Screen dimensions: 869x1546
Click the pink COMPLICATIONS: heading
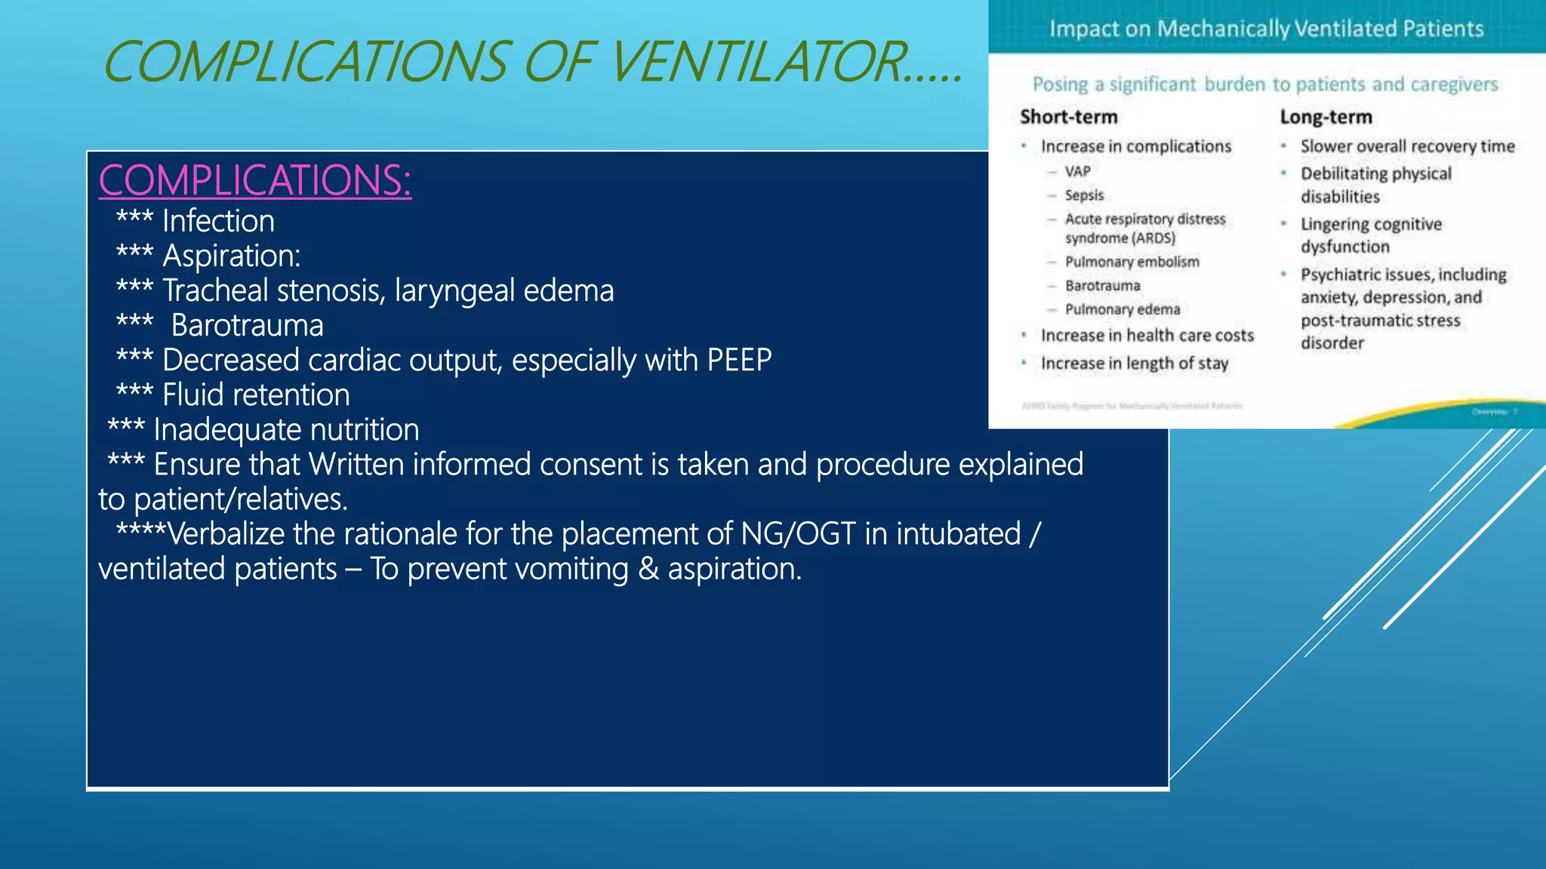coord(254,181)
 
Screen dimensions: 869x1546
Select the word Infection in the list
coord(218,222)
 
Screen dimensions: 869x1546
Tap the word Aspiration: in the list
coord(232,256)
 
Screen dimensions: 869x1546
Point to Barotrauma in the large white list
coord(247,326)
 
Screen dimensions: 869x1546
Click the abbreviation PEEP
coord(739,361)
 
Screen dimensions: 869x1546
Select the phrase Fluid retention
coord(256,395)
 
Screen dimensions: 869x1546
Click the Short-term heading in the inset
coord(1068,117)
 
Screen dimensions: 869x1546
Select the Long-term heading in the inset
coord(1326,117)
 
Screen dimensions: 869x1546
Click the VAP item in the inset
coord(1077,171)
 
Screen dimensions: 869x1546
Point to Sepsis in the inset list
coord(1084,195)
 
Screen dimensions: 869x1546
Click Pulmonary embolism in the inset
coord(1132,262)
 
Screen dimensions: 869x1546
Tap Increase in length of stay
coord(1134,364)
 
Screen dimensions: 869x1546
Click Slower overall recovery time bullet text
coord(1407,146)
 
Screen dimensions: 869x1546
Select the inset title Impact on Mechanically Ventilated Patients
coord(1266,29)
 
